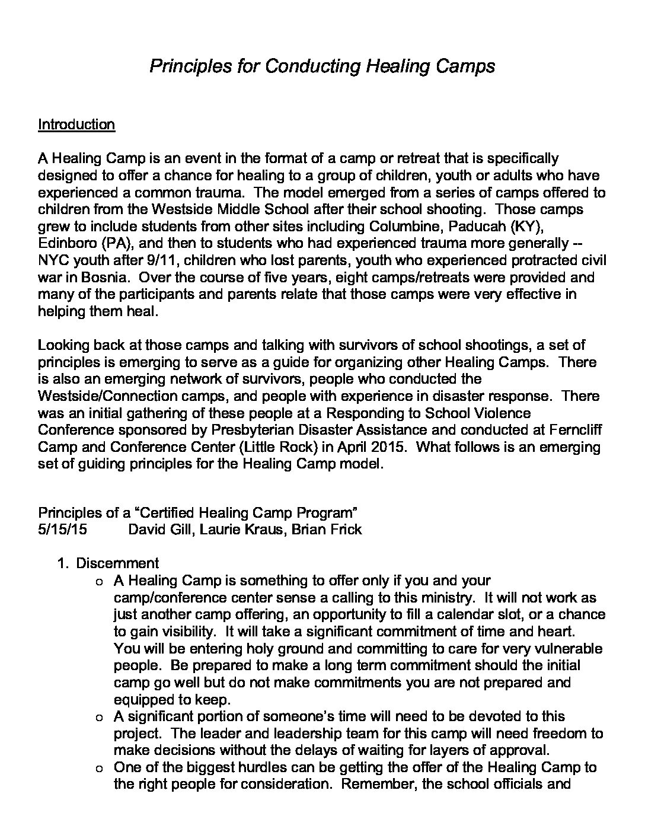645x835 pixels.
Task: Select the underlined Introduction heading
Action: coord(76,125)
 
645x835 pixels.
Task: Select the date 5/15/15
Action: coord(62,529)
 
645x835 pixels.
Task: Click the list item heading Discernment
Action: coord(117,563)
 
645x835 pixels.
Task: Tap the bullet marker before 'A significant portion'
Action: coord(98,717)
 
